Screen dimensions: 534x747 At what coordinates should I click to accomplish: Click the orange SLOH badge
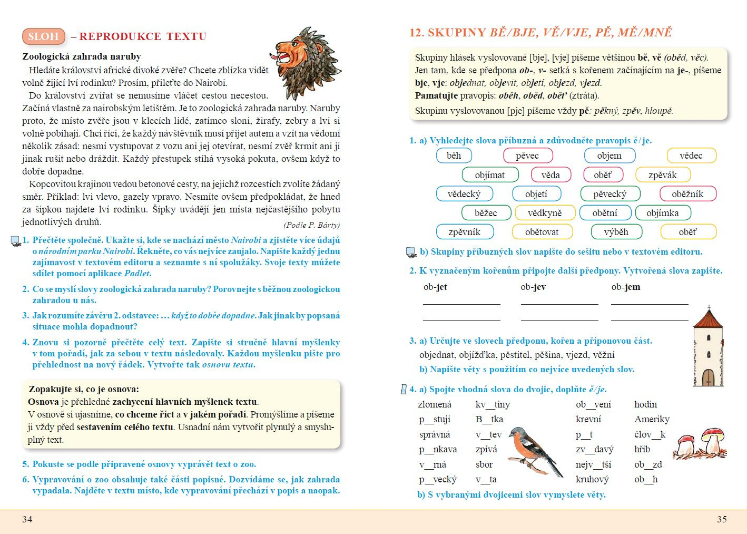pos(44,36)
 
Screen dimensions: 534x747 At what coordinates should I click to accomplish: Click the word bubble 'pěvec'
pos(527,156)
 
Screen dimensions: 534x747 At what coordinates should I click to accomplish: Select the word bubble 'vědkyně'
pos(545,213)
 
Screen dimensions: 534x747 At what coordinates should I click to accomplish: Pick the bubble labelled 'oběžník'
pos(687,194)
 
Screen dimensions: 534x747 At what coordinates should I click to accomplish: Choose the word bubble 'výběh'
pos(616,232)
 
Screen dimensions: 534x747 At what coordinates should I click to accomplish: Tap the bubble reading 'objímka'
pos(662,213)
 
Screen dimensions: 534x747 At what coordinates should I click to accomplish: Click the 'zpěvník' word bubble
pos(464,232)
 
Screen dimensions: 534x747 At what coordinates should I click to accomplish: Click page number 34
pos(27,519)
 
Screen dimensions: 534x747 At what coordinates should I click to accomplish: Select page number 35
pos(722,519)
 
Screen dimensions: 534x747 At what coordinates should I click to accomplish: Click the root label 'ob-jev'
pos(533,287)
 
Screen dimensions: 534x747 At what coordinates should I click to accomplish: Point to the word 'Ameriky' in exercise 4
pos(652,419)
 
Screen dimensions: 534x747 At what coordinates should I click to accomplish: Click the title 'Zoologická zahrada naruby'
pos(82,56)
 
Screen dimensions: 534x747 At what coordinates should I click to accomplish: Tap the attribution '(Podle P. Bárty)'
pos(311,225)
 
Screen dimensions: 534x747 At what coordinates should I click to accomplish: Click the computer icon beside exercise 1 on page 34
pos(15,241)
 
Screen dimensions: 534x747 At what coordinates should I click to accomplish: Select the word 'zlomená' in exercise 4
pos(435,404)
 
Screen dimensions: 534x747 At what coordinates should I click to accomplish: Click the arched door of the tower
pos(708,377)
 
